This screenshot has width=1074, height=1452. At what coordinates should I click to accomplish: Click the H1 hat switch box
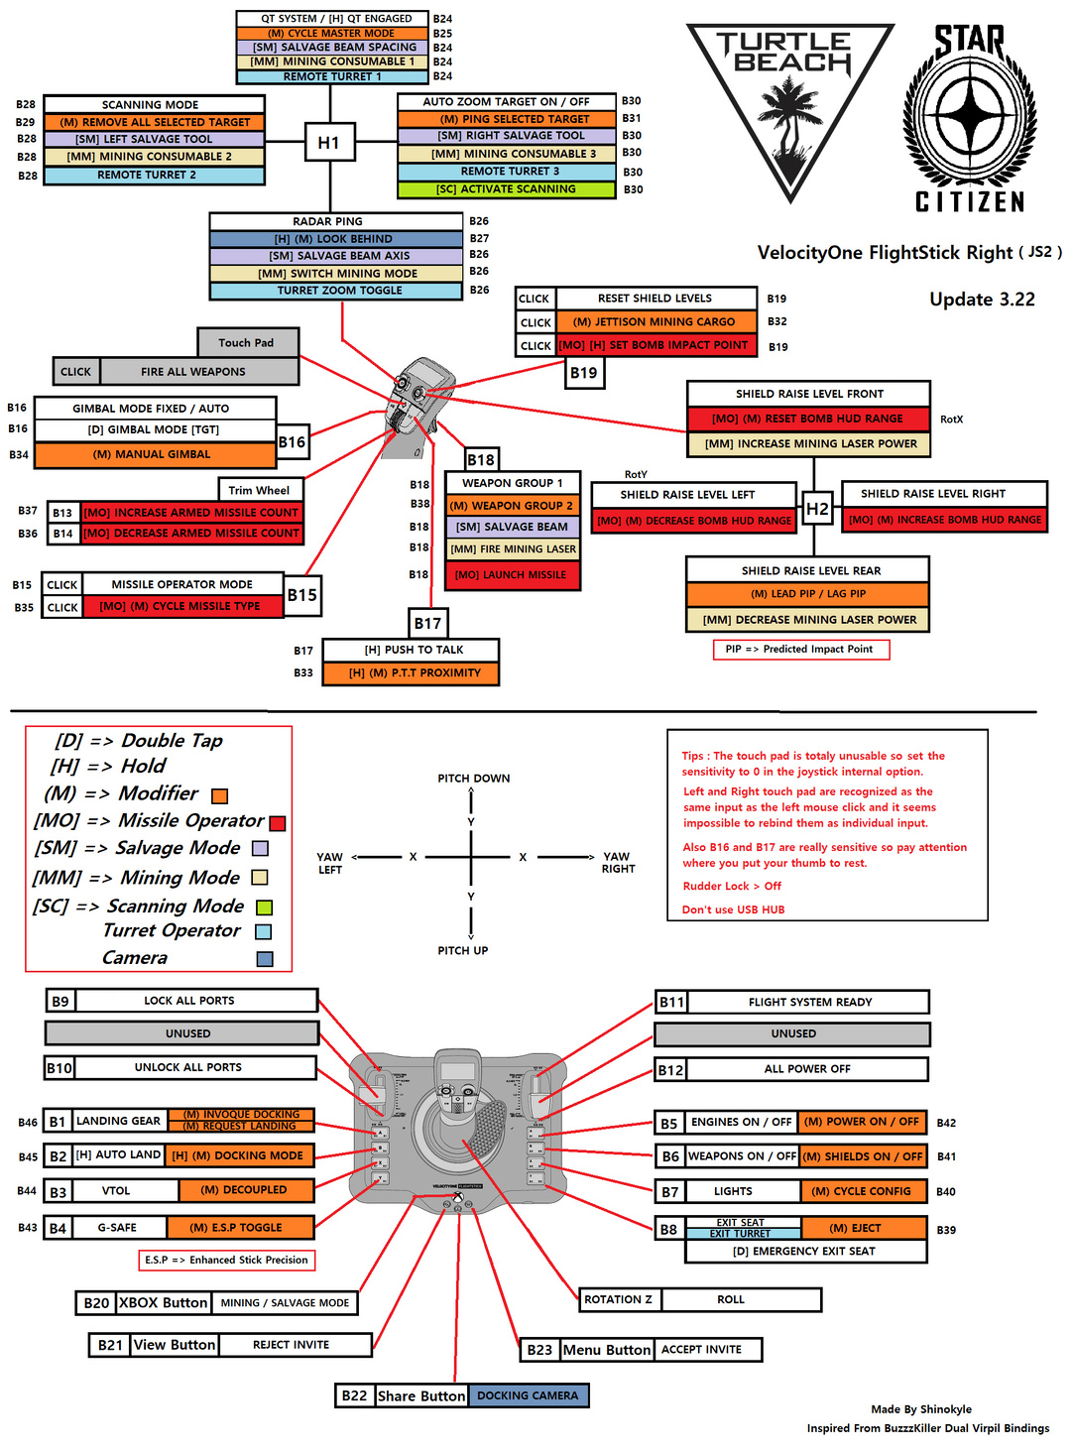pos(328,143)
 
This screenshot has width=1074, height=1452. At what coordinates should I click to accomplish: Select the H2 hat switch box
pos(817,509)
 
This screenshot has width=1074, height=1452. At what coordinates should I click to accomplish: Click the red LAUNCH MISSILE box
pos(512,575)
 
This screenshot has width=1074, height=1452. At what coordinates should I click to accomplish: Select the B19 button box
pos(584,373)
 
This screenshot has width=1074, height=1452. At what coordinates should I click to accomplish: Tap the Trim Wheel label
pos(260,490)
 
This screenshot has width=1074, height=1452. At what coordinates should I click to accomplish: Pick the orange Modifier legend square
pos(220,795)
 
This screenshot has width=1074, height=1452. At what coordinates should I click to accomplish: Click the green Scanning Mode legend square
pos(264,907)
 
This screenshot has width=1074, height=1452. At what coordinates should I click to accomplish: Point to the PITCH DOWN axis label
pos(474,779)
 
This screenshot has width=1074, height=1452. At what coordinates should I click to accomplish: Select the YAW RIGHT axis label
pos(618,863)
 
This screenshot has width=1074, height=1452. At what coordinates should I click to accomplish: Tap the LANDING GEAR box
pos(118,1121)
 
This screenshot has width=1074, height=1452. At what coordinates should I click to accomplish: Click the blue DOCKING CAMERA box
pos(528,1395)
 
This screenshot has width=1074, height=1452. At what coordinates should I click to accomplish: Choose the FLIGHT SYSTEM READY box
pos(809,1002)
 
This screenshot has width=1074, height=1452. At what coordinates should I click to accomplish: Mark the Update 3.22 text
pos(982,300)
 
